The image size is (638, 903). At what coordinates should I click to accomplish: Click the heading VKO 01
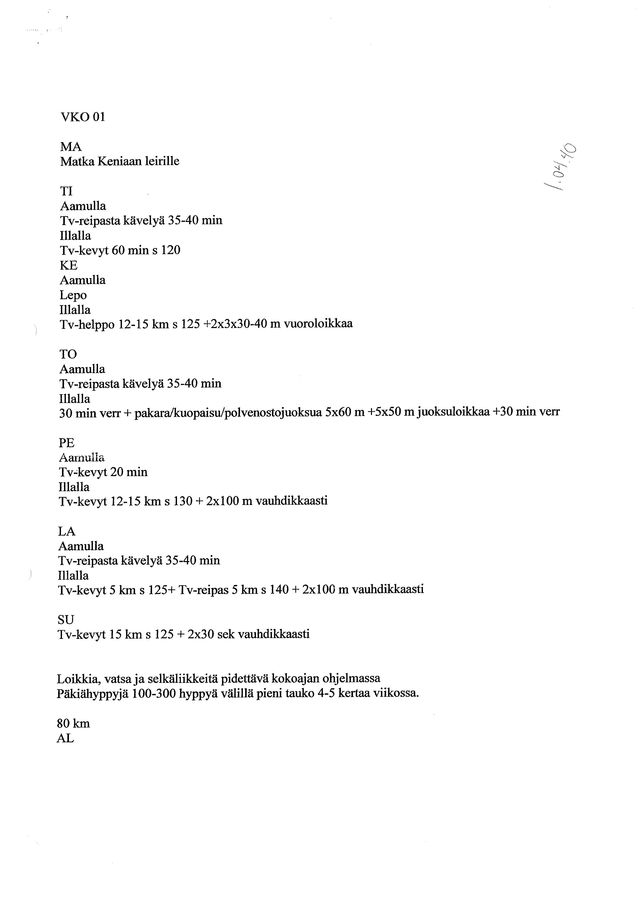click(83, 117)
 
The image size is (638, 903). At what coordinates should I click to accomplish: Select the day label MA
click(71, 147)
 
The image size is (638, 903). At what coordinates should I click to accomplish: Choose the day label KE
click(68, 265)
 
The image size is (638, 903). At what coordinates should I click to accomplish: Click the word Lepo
click(73, 295)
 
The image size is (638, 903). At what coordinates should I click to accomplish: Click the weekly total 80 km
click(74, 724)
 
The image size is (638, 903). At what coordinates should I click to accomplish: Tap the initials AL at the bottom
click(65, 739)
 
